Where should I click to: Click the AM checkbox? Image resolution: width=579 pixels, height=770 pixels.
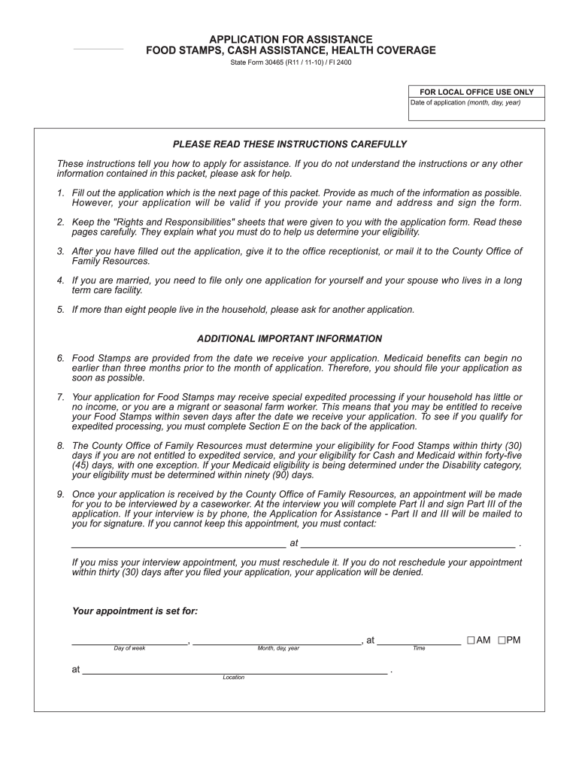point(471,641)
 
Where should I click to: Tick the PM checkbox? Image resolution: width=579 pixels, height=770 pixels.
point(501,641)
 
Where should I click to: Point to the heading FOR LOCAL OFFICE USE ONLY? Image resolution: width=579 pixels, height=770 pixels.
point(477,92)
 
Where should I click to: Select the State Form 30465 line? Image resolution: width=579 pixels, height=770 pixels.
point(290,62)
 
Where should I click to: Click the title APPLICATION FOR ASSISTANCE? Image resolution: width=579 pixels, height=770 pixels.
point(290,38)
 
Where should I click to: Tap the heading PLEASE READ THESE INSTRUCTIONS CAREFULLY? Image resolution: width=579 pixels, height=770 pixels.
point(289,144)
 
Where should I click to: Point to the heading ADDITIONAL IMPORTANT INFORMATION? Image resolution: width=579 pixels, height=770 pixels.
point(289,338)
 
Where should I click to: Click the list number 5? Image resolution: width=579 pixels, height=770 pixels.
point(60,309)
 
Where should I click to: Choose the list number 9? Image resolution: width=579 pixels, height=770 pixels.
point(60,494)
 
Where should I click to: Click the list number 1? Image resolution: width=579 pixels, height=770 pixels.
point(60,193)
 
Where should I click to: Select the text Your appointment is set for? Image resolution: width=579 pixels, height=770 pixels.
point(135,611)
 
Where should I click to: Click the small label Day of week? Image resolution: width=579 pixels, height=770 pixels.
point(129,648)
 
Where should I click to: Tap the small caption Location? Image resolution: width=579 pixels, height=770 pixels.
point(234,678)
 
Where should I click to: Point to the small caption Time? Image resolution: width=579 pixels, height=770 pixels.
point(419,648)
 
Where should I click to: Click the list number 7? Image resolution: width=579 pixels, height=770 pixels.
point(60,396)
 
